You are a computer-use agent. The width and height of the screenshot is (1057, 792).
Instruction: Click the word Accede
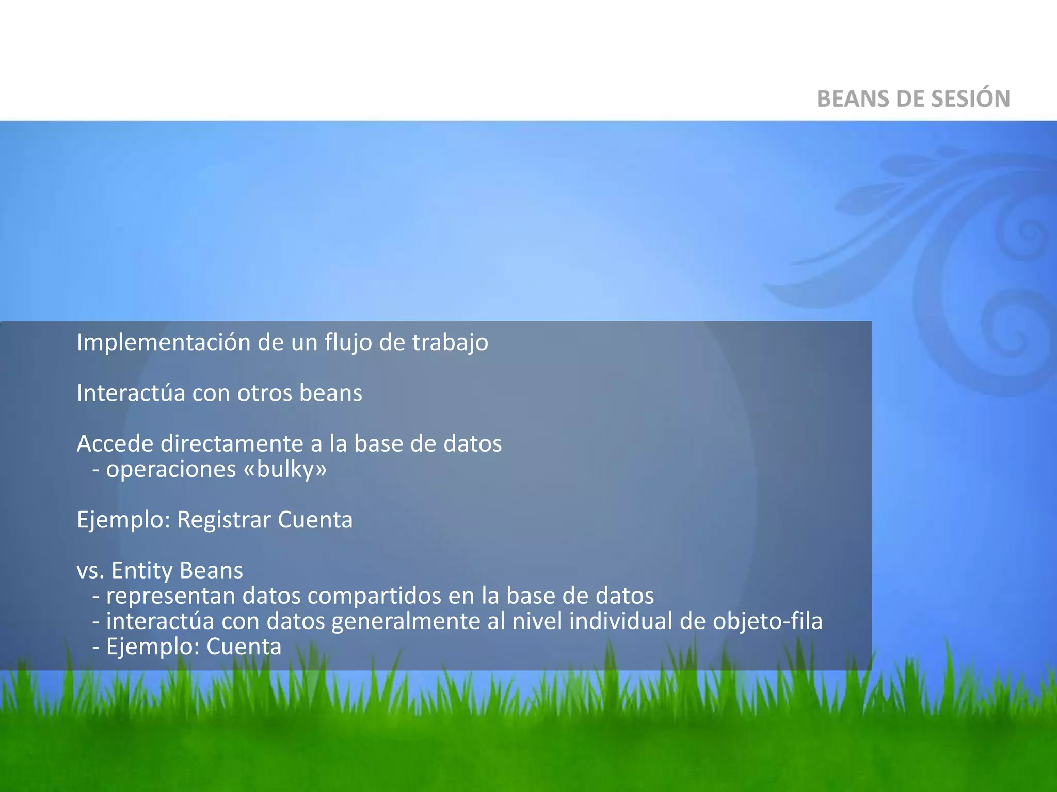coord(115,444)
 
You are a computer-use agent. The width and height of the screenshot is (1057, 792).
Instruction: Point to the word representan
coord(170,596)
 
